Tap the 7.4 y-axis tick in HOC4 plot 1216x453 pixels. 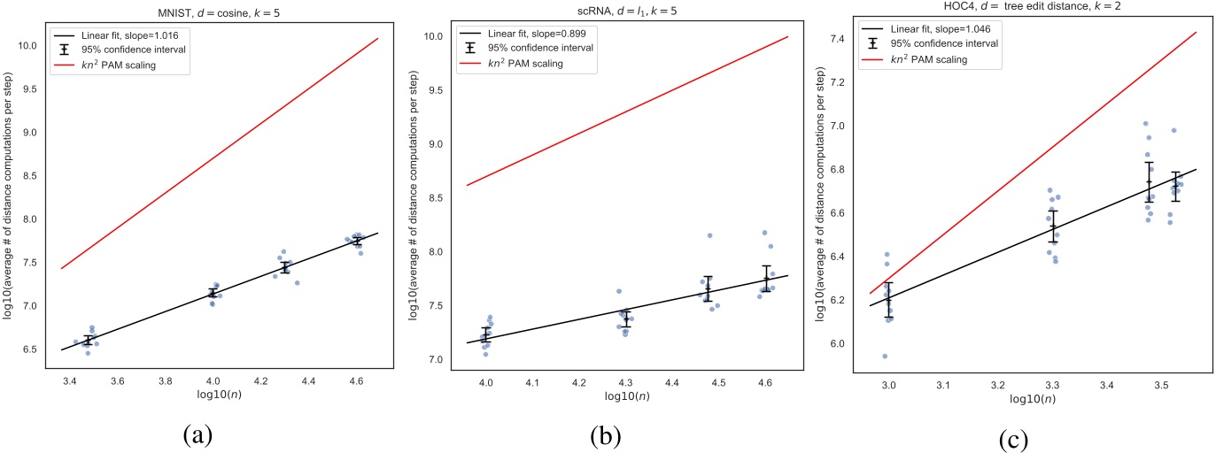point(850,40)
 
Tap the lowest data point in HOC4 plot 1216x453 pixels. point(885,357)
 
